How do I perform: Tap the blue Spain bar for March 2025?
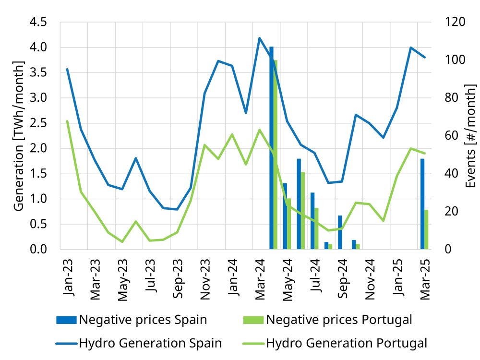click(x=422, y=204)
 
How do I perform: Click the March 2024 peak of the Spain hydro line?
click(x=259, y=38)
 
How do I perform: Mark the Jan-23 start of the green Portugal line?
click(x=67, y=121)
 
